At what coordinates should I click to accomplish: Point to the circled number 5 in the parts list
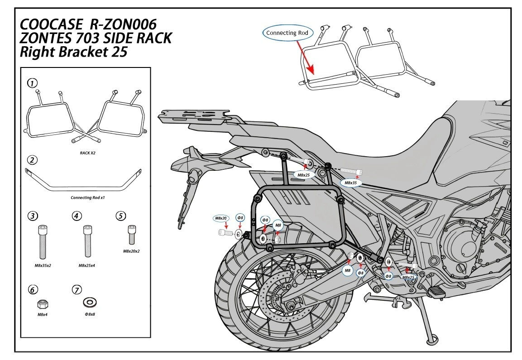(120, 216)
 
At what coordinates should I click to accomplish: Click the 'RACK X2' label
(87, 153)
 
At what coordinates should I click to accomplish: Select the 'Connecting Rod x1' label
(88, 198)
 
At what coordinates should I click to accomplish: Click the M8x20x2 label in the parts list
(131, 250)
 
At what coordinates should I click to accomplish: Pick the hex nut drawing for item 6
(42, 302)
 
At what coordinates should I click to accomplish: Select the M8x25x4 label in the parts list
(86, 265)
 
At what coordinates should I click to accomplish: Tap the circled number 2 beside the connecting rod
(32, 160)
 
